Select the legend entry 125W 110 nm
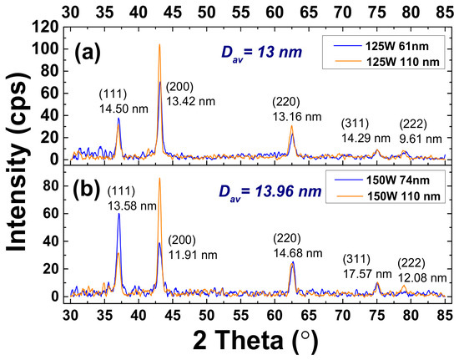tap(386, 62)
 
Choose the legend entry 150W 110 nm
tap(387, 196)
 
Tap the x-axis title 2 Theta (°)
tap(255, 342)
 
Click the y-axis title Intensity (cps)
tap(18, 162)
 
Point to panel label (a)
tap(87, 52)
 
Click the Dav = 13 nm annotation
tap(261, 53)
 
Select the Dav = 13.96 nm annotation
tap(270, 192)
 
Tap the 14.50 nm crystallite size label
tap(124, 109)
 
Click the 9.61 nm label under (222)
tap(421, 139)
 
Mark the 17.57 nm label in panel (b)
tap(367, 274)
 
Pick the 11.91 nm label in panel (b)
tap(193, 255)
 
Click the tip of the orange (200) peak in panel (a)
tap(159, 44)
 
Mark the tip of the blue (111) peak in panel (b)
tap(119, 213)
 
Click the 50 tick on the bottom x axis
tap(207, 315)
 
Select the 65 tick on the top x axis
tap(309, 12)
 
